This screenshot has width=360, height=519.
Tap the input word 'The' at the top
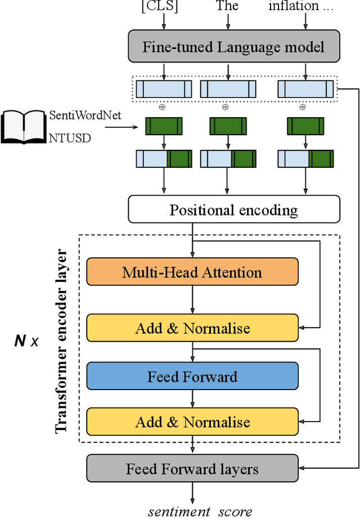[x=227, y=6]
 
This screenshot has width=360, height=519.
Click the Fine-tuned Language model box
[x=233, y=47]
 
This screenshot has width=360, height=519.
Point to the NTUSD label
[x=70, y=138]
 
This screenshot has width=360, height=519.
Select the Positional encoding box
[x=233, y=210]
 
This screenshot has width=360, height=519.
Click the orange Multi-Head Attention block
[x=192, y=272]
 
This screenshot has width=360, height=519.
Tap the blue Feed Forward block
[x=192, y=376]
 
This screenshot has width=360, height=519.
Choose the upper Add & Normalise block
[x=192, y=328]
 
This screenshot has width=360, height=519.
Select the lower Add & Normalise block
[x=192, y=422]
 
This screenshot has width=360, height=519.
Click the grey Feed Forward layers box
[x=192, y=468]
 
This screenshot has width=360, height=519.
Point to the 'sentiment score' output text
[x=200, y=511]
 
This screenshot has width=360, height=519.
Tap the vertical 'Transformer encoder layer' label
[x=62, y=341]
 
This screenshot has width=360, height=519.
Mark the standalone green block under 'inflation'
[x=305, y=125]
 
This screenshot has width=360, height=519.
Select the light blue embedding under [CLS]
[x=164, y=89]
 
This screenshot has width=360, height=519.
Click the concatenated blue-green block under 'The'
[x=228, y=159]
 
